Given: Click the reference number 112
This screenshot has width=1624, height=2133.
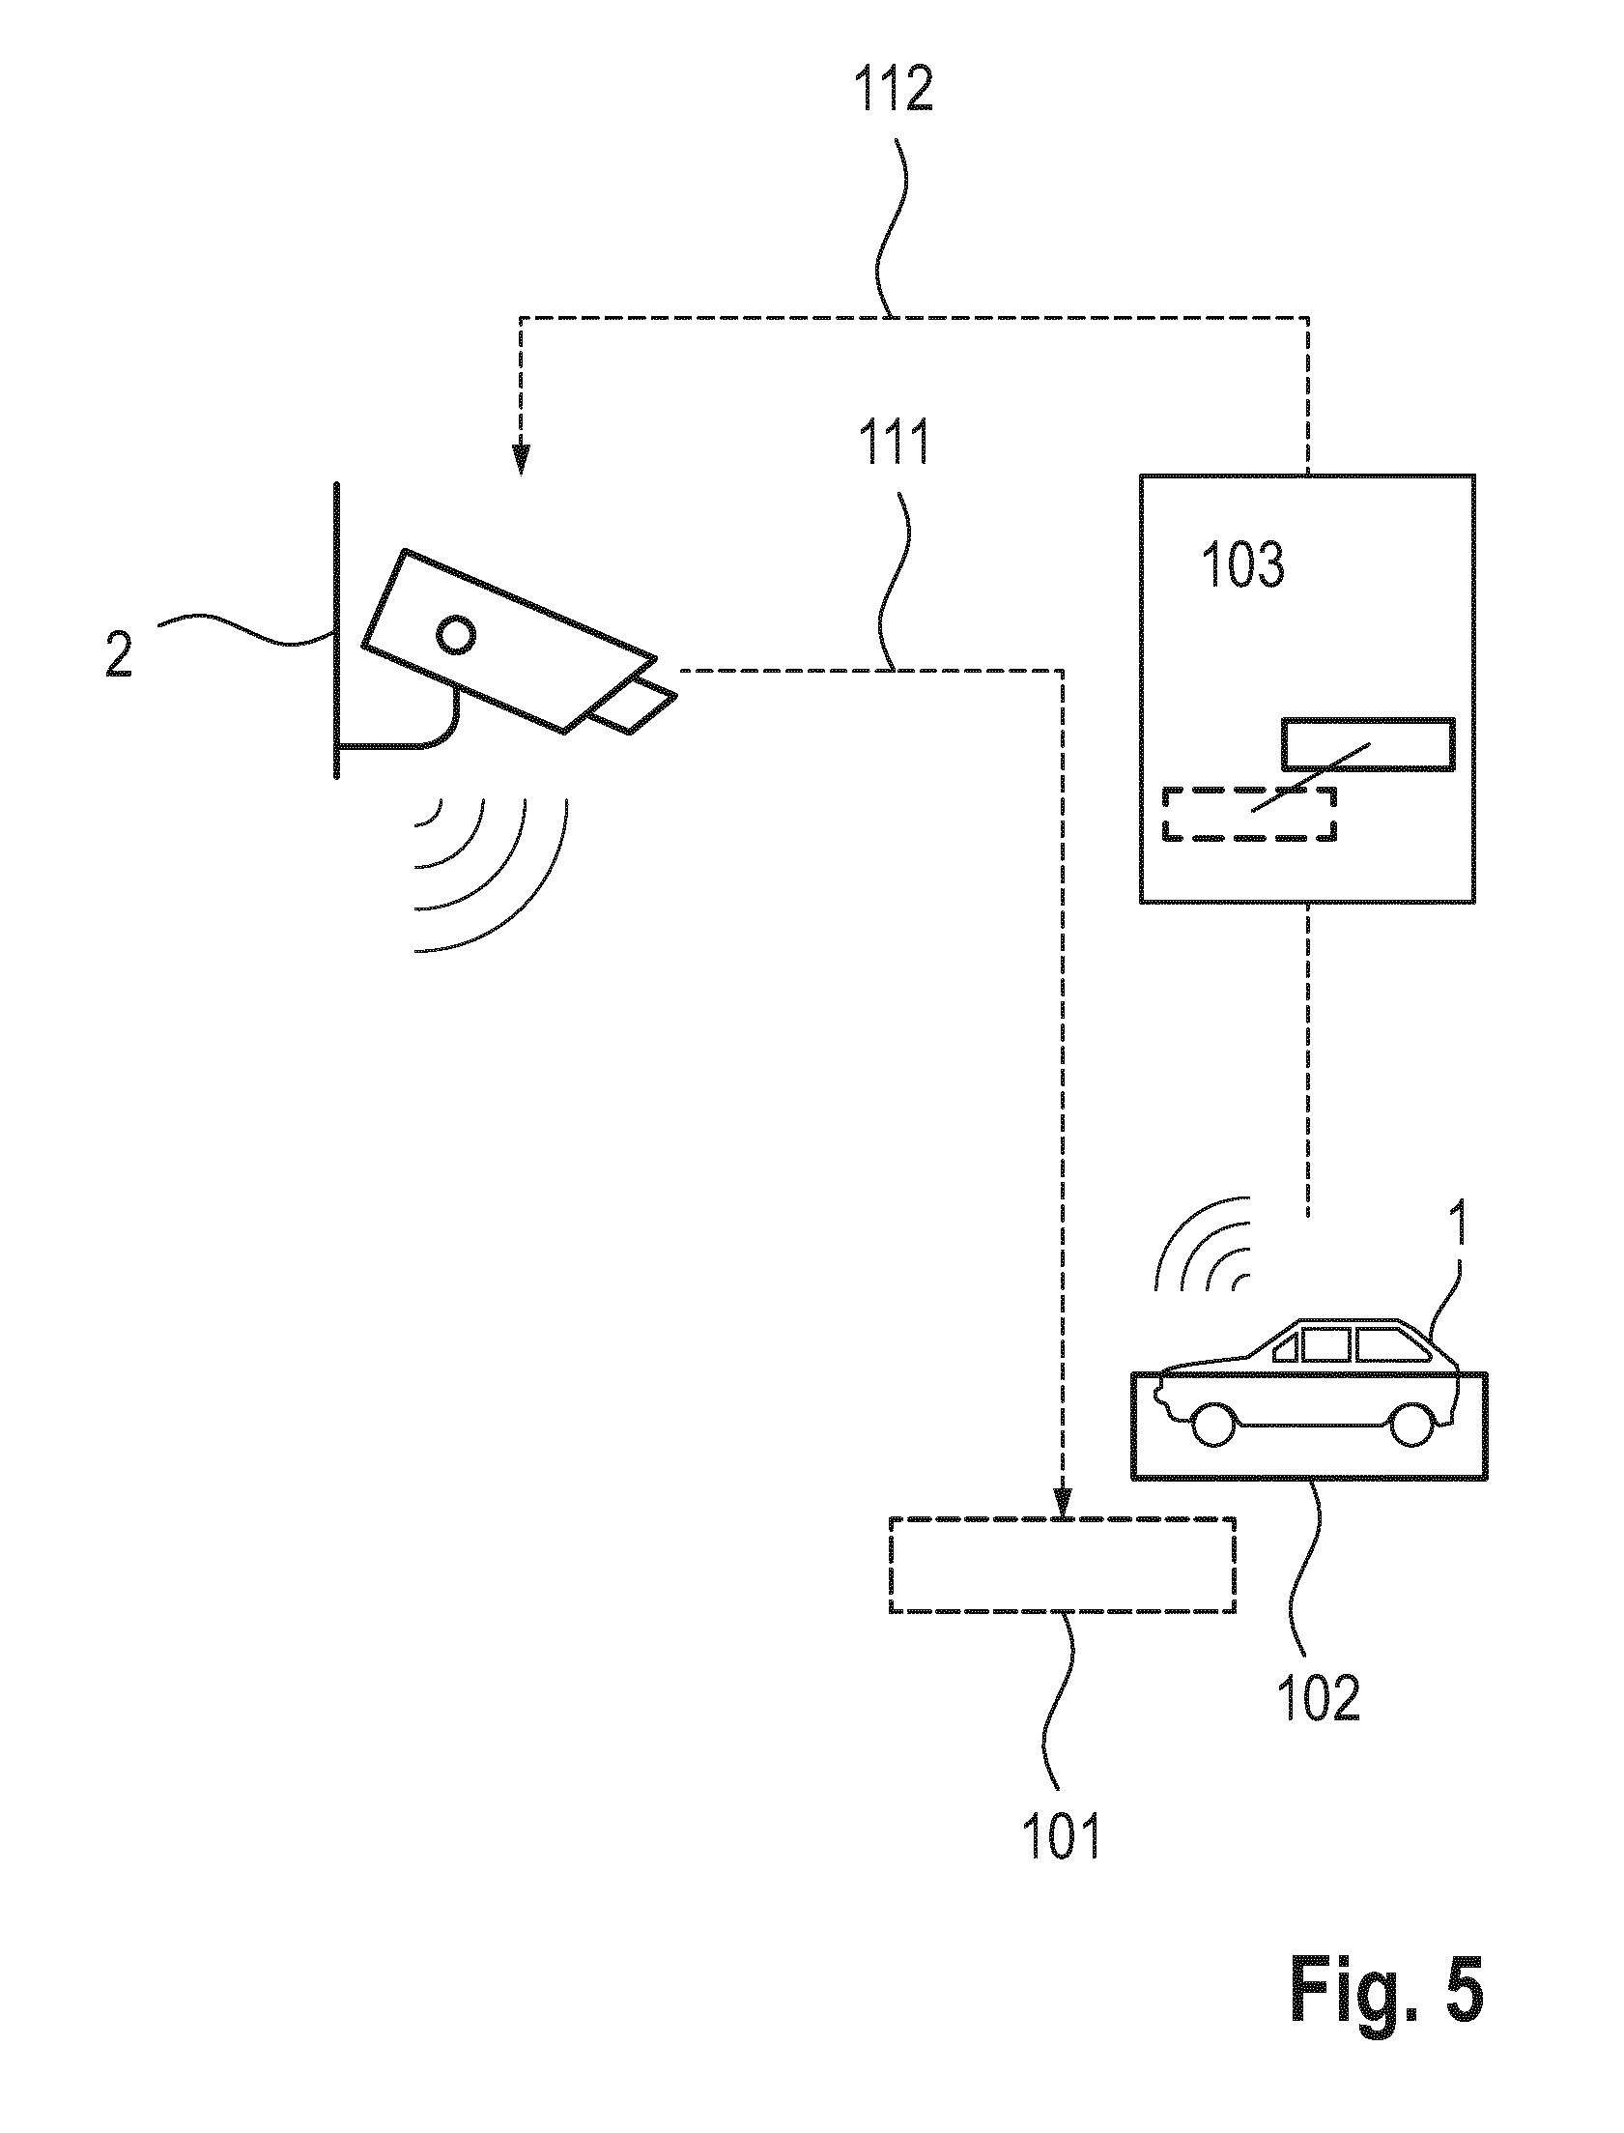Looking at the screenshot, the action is [893, 91].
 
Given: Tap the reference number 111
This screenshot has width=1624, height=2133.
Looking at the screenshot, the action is [893, 443].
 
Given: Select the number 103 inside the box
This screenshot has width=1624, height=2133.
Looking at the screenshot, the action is [1242, 565].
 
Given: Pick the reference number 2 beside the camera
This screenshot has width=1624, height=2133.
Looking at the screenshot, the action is [118, 654].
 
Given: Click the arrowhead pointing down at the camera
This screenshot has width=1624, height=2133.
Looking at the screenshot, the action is [521, 457].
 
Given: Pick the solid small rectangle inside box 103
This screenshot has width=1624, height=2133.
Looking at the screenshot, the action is [1368, 744].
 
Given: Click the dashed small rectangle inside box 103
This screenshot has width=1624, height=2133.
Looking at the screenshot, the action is [1250, 814].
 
